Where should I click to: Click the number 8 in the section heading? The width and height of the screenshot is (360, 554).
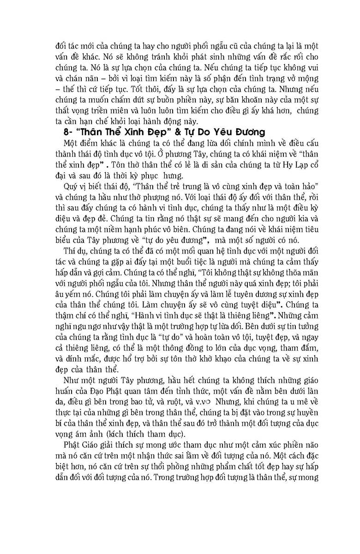(65, 131)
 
